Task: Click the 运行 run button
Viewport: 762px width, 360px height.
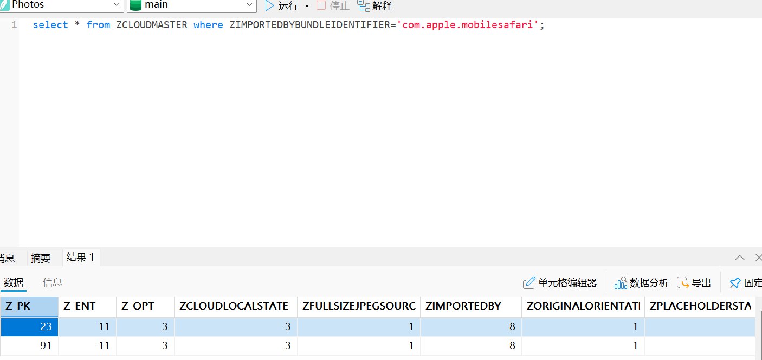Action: pyautogui.click(x=282, y=6)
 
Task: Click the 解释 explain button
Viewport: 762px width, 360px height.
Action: pyautogui.click(x=375, y=6)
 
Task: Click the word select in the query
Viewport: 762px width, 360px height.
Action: pyautogui.click(x=50, y=25)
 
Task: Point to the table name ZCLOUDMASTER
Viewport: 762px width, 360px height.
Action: pyautogui.click(x=152, y=25)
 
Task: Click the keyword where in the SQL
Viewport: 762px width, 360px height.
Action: pyautogui.click(x=208, y=25)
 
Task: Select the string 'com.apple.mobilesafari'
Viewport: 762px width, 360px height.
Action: pyautogui.click(x=467, y=25)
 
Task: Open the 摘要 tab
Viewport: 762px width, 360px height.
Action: pyautogui.click(x=41, y=258)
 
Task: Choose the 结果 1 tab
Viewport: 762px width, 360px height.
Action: pyautogui.click(x=81, y=257)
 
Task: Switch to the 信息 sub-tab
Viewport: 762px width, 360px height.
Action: pyautogui.click(x=53, y=282)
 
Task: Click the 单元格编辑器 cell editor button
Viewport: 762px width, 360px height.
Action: pyautogui.click(x=560, y=283)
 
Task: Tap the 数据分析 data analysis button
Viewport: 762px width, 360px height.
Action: pyautogui.click(x=641, y=283)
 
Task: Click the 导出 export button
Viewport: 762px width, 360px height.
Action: pyautogui.click(x=694, y=283)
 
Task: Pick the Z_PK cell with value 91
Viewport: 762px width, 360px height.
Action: pyautogui.click(x=30, y=345)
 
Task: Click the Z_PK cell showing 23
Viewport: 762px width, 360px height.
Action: pyautogui.click(x=30, y=326)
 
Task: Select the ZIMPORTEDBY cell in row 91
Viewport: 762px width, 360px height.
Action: pyautogui.click(x=471, y=345)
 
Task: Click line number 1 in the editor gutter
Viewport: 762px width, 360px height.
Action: pyautogui.click(x=14, y=25)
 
